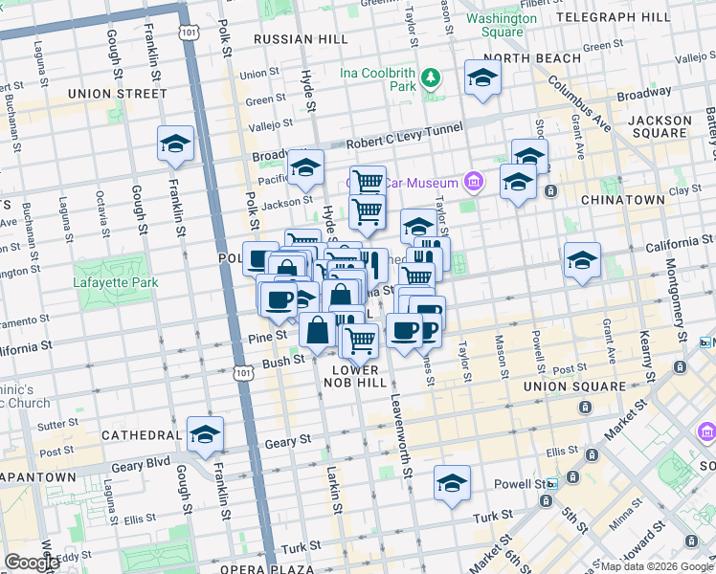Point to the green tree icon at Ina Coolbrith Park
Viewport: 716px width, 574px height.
432,76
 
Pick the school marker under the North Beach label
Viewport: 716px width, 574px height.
482,78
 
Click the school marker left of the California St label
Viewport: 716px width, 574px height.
582,260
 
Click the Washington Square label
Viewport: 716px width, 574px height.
503,25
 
